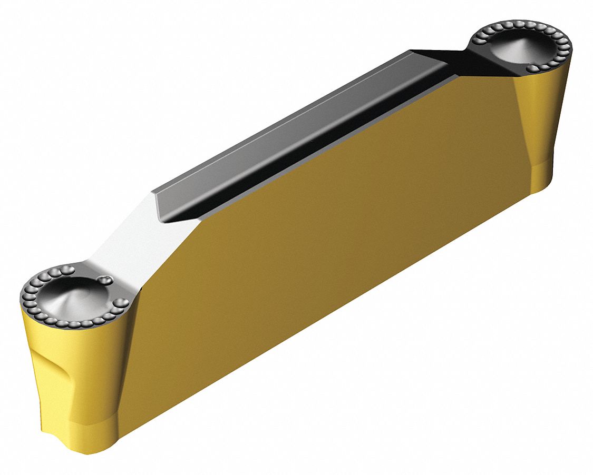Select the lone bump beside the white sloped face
pos(107,280)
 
